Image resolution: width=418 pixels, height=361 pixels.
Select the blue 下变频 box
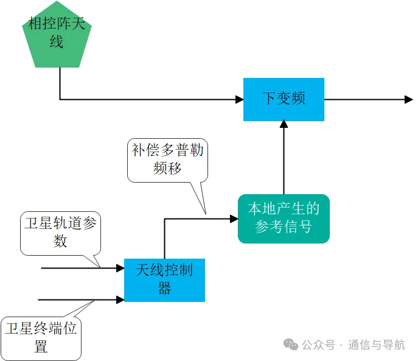(x=284, y=99)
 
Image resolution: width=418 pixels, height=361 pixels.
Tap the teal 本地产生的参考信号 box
(x=284, y=219)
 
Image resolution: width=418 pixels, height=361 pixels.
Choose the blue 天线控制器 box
(x=164, y=280)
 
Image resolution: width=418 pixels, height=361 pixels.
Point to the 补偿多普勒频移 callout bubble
(x=167, y=160)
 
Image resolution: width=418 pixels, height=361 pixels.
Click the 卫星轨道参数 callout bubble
(x=60, y=233)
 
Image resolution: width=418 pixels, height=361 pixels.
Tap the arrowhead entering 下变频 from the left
(x=239, y=99)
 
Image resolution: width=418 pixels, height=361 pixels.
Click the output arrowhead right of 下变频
(x=409, y=99)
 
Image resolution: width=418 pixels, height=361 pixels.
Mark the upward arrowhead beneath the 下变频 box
(x=284, y=124)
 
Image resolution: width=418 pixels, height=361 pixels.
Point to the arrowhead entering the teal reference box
(x=234, y=219)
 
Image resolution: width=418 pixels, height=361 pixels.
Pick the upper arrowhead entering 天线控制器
(x=120, y=268)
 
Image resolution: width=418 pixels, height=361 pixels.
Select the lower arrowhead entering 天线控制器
(x=120, y=300)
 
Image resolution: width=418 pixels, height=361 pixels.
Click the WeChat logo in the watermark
(x=291, y=345)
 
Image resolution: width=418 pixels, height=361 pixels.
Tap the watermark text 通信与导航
(x=377, y=345)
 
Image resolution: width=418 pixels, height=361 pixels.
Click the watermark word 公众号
(x=319, y=345)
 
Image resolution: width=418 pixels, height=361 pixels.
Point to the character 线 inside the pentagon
(x=56, y=41)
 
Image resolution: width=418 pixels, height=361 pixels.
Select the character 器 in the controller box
(x=164, y=288)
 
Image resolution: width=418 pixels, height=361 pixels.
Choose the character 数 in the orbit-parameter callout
(x=60, y=241)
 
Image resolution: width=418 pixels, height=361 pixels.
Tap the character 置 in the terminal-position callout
(x=41, y=346)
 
